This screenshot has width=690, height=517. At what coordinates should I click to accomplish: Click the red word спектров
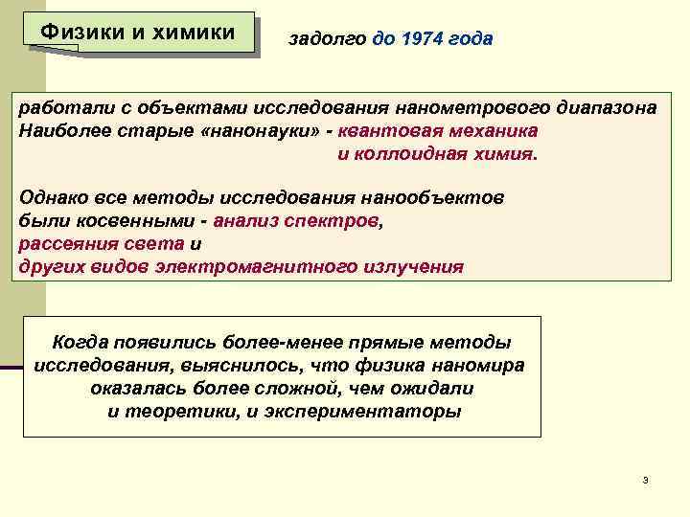pos(339,220)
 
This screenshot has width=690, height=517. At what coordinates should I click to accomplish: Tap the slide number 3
pos(646,479)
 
